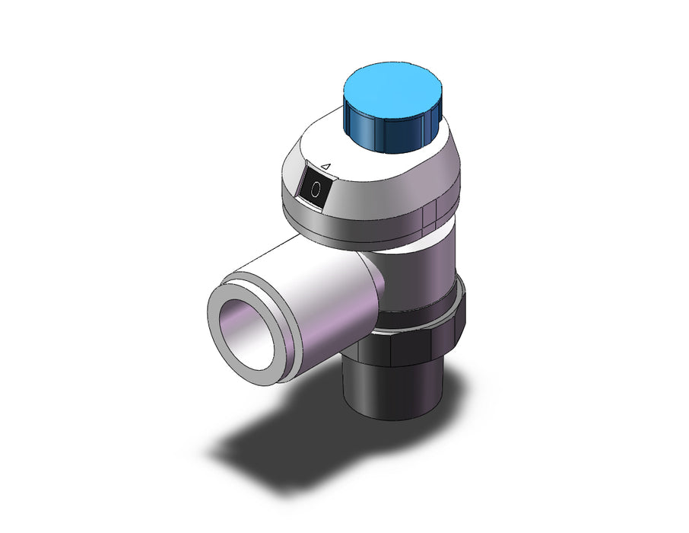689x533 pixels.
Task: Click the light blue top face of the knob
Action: (x=392, y=90)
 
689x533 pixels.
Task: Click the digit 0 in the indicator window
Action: (x=315, y=190)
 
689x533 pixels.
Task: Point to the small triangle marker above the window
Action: (x=325, y=166)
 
